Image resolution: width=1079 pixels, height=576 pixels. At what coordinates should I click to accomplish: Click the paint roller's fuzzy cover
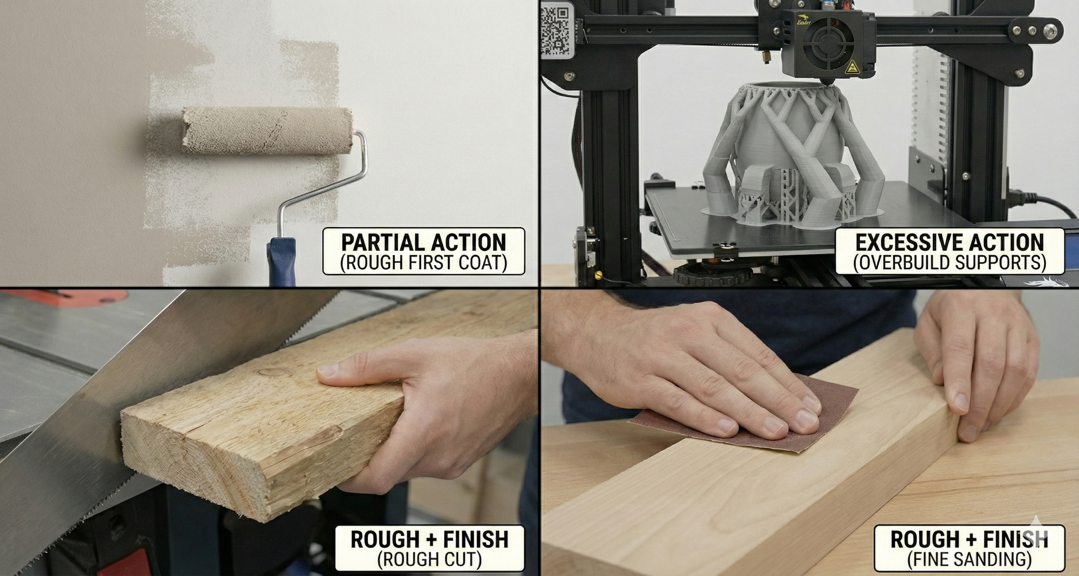(267, 131)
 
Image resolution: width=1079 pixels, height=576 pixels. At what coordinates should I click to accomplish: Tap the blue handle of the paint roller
(281, 262)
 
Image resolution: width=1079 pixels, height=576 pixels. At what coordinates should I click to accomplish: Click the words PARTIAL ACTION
(423, 243)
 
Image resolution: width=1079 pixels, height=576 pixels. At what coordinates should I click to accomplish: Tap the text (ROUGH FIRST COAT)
(423, 263)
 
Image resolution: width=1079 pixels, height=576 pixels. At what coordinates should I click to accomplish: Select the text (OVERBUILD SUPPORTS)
(949, 263)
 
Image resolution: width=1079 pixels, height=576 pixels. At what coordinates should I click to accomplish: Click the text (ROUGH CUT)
(429, 559)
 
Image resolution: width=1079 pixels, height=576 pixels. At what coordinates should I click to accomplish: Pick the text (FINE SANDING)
(969, 559)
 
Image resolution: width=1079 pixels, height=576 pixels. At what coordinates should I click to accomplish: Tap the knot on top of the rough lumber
(271, 372)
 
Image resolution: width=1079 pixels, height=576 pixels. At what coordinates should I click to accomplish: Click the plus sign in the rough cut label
(429, 540)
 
